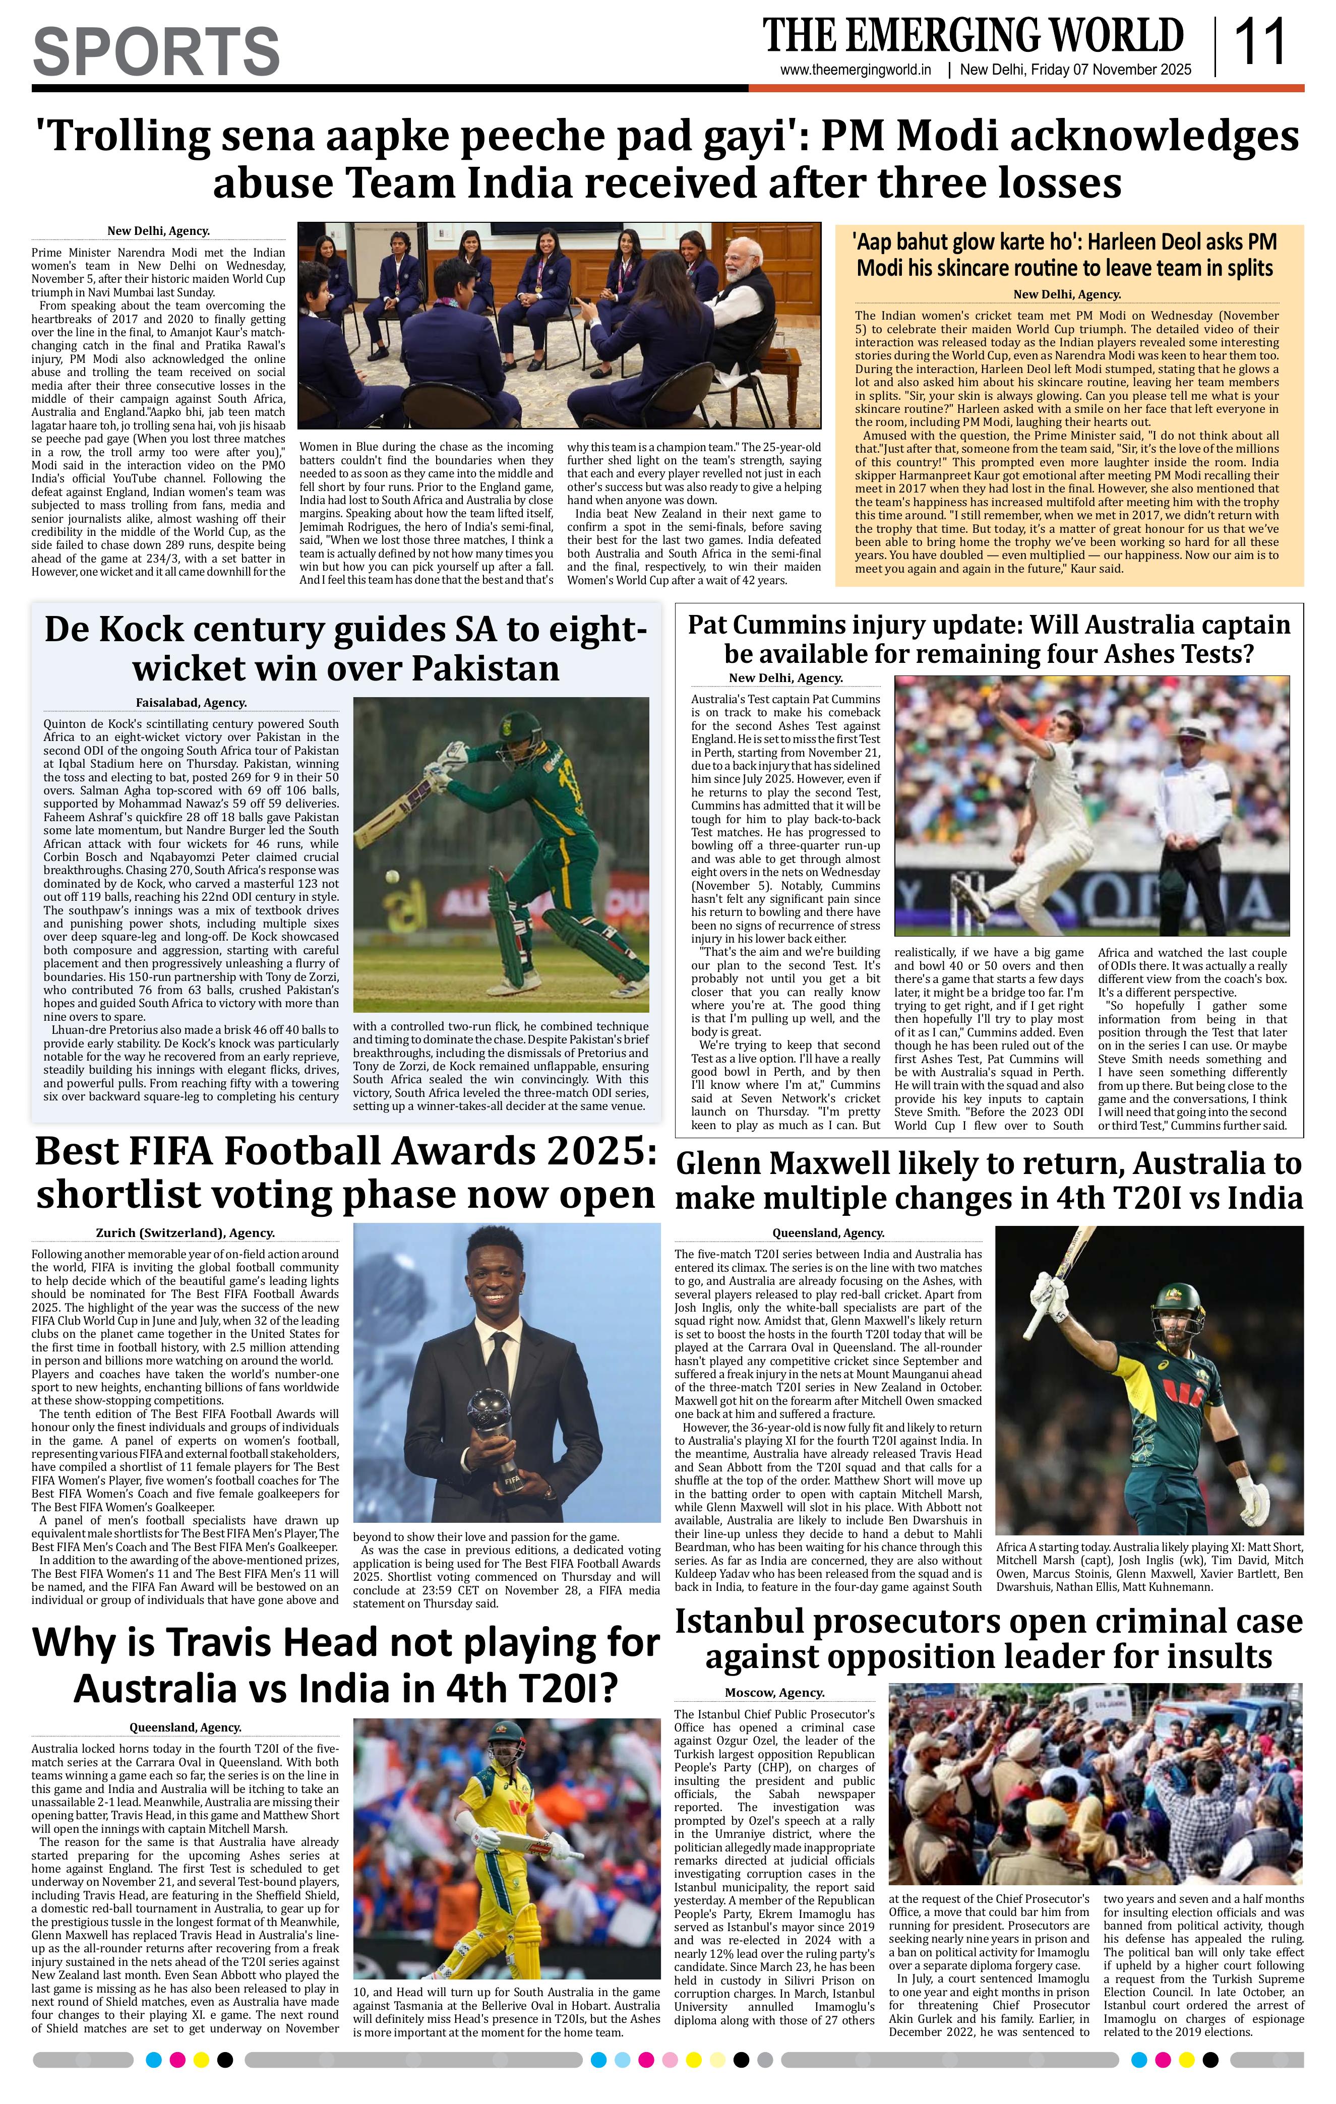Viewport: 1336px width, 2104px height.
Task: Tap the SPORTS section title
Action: click(156, 51)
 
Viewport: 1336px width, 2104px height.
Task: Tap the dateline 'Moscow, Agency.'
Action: click(774, 1693)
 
